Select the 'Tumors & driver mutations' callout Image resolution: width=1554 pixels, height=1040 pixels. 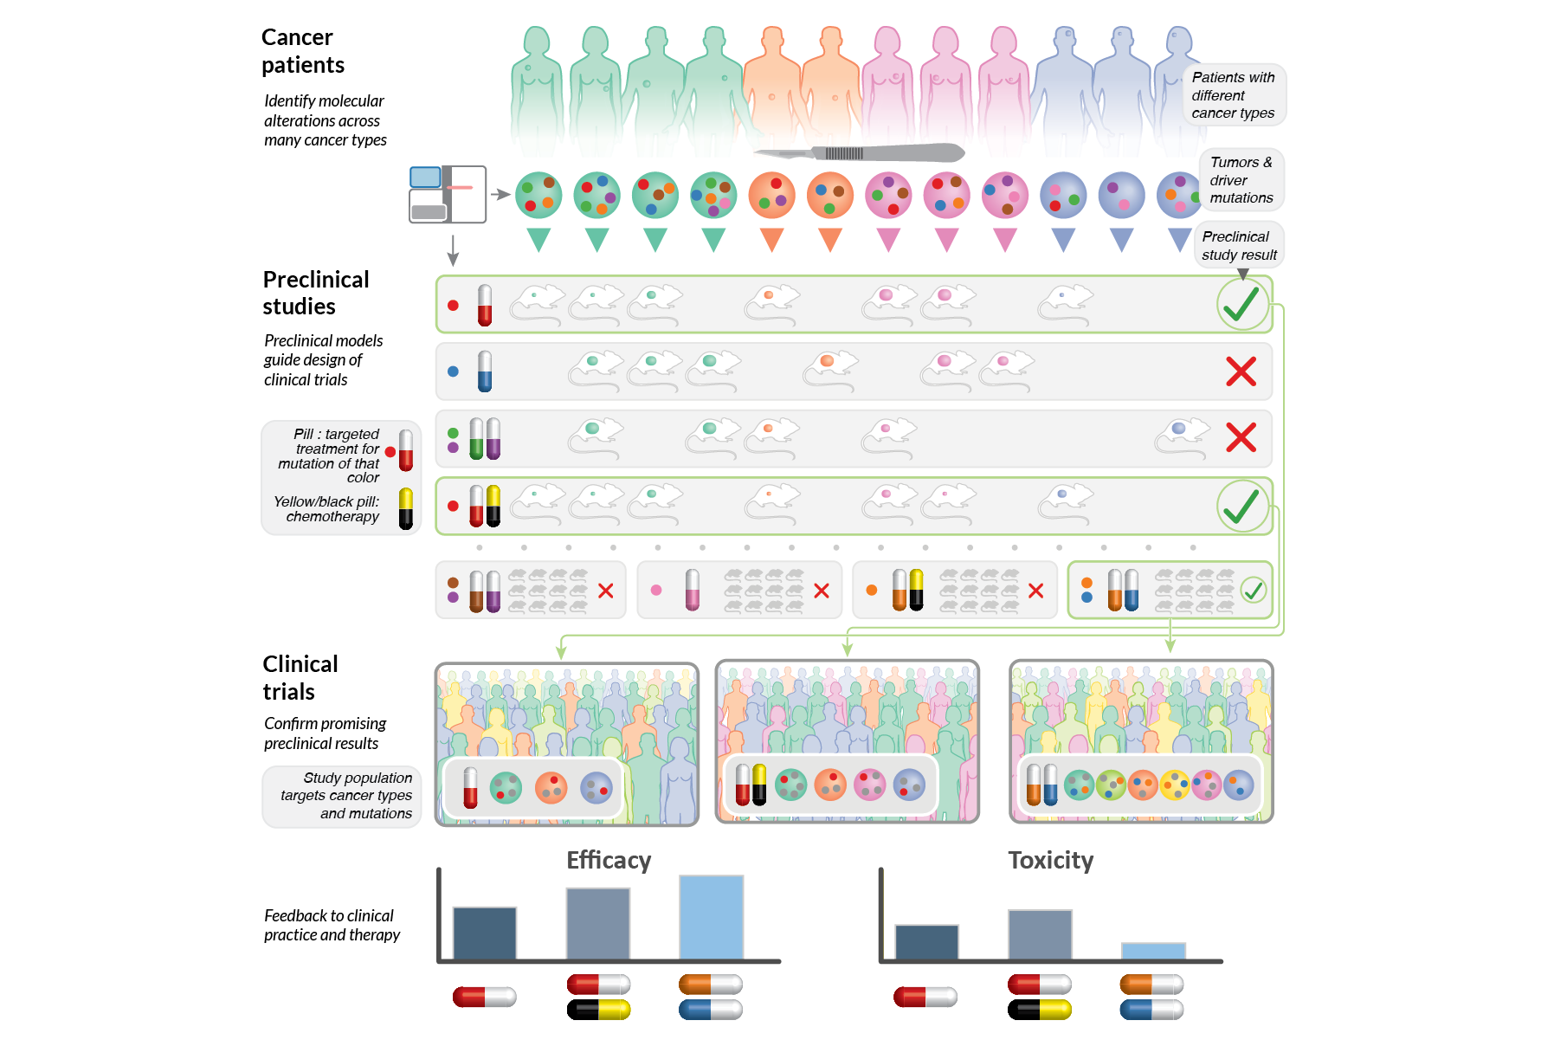[x=1241, y=180]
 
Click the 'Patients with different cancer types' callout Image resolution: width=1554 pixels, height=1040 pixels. [x=1233, y=95]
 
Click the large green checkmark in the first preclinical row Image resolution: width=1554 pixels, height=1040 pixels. [x=1241, y=304]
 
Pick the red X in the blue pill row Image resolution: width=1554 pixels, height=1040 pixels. [x=1241, y=371]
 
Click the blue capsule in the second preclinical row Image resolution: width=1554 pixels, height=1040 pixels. [x=485, y=371]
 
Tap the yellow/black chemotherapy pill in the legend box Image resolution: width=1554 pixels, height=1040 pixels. [x=405, y=508]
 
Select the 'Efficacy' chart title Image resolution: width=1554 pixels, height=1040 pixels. [x=609, y=860]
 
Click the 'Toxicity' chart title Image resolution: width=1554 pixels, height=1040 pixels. [x=1050, y=860]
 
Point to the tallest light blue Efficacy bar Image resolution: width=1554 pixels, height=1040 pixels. [x=711, y=917]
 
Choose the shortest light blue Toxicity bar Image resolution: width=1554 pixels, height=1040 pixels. [x=1152, y=951]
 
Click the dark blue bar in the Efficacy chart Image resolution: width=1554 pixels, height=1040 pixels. [x=484, y=933]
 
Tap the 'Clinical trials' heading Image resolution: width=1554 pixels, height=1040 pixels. [x=300, y=678]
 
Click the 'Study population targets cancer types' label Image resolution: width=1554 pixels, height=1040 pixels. [x=345, y=795]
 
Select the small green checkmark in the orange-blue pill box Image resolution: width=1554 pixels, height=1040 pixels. [x=1253, y=591]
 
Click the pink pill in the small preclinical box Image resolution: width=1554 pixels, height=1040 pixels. [x=692, y=590]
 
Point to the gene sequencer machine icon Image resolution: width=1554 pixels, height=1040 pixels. [x=447, y=194]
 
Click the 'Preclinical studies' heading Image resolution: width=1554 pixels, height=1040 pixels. [x=315, y=293]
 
